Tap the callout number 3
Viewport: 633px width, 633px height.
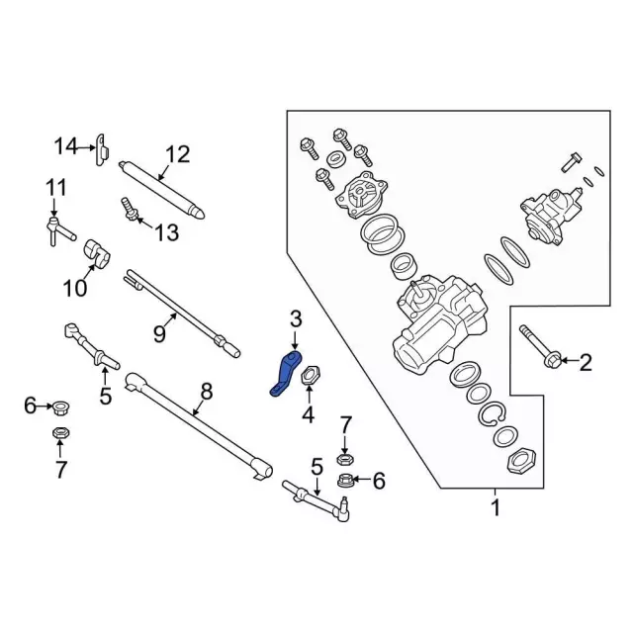[295, 317]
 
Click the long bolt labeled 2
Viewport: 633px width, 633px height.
[540, 345]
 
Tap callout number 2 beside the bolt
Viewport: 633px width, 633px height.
[586, 363]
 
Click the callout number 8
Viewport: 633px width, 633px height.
[206, 391]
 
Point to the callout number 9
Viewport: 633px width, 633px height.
[158, 334]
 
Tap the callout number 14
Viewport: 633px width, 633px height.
[65, 146]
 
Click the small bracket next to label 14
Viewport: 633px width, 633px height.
[101, 148]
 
